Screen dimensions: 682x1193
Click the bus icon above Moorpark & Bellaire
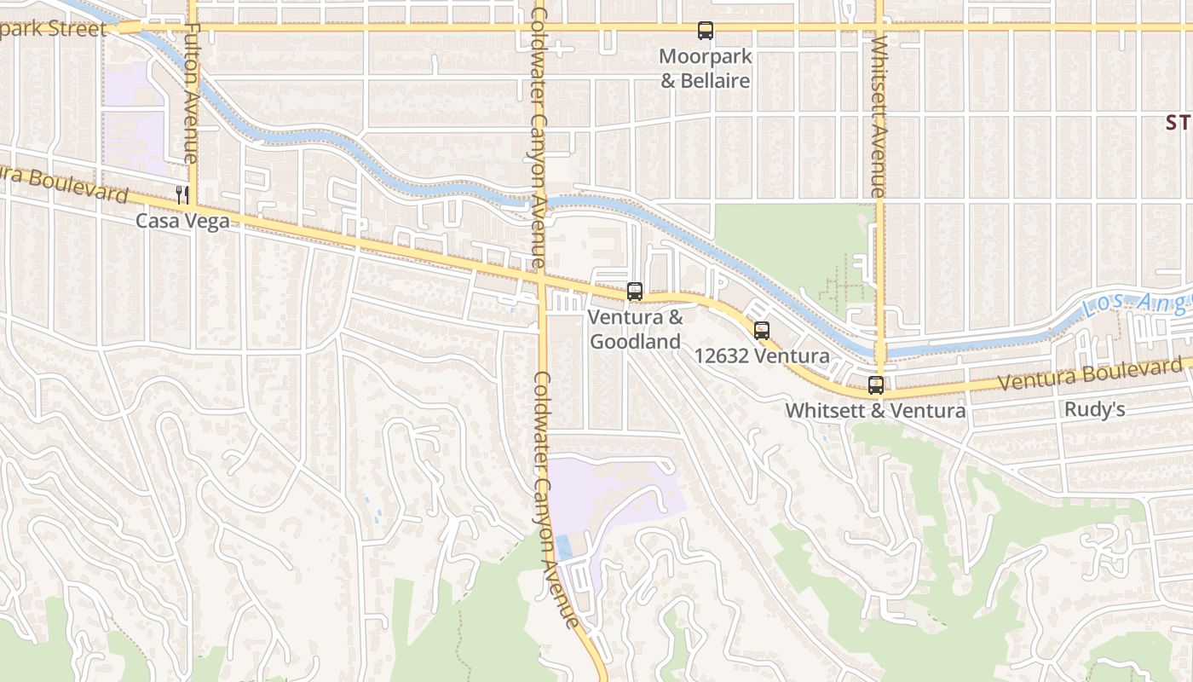coord(706,31)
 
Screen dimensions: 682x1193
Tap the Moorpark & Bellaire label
coord(706,69)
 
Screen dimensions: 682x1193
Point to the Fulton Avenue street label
coord(192,94)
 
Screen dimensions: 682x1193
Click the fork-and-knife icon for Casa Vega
coord(182,194)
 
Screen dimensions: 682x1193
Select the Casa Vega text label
coord(182,222)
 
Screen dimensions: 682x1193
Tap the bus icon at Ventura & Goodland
coord(635,292)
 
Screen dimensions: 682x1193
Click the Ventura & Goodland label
coord(636,330)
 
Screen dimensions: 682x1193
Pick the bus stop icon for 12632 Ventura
coord(762,331)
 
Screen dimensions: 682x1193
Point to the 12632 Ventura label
coord(762,356)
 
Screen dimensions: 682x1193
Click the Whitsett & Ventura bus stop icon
coord(876,385)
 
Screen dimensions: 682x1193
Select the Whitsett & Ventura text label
coord(875,410)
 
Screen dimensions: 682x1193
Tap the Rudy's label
coord(1094,410)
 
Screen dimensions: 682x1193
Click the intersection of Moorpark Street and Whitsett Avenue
coord(879,27)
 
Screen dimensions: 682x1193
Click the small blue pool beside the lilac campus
coord(564,546)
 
